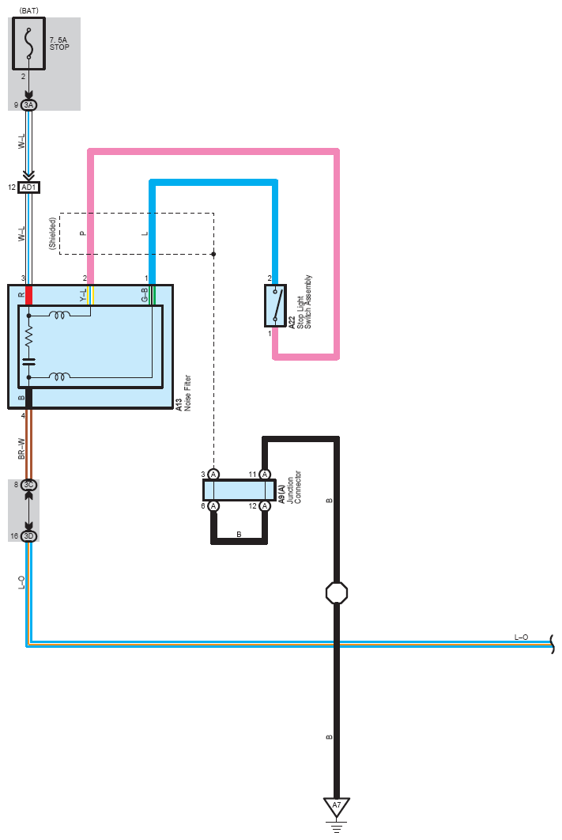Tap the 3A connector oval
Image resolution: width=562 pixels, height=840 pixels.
click(29, 104)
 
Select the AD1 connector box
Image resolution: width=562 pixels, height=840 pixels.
click(29, 187)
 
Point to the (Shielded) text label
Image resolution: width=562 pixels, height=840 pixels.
click(53, 234)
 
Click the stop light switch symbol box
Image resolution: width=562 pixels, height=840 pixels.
click(274, 305)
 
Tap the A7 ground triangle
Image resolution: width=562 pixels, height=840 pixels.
click(337, 808)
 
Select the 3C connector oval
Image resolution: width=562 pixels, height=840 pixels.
click(29, 485)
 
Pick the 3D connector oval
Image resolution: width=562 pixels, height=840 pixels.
click(29, 536)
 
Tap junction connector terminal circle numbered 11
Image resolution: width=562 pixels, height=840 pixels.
click(265, 474)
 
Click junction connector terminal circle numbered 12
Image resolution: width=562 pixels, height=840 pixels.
click(265, 505)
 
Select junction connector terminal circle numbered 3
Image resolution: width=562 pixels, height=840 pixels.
click(213, 474)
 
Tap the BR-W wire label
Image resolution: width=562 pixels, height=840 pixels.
click(22, 449)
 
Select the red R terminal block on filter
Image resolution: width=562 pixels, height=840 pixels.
click(29, 295)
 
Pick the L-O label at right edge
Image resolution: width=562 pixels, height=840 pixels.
click(522, 638)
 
